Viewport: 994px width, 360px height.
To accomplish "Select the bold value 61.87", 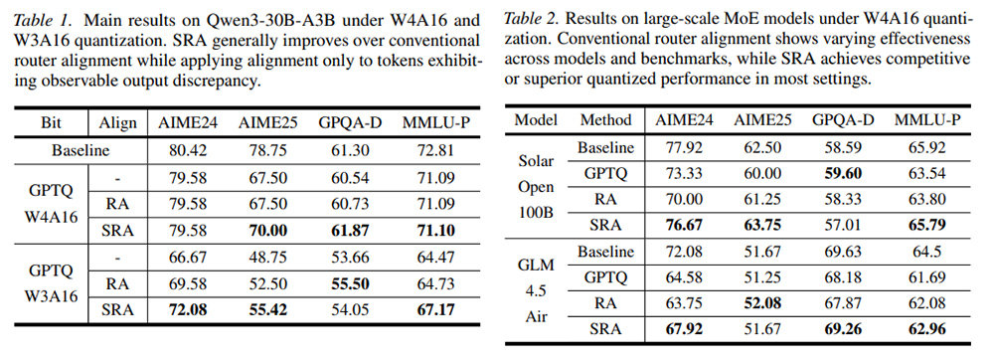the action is pos(351,231).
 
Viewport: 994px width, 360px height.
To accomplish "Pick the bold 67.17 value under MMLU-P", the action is pos(432,310).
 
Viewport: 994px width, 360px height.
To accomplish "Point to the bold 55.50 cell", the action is pos(351,284).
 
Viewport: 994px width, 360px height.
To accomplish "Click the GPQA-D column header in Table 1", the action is pos(351,123).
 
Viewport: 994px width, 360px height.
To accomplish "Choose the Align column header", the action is pos(118,123).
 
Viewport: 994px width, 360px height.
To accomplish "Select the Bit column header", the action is pos(52,123).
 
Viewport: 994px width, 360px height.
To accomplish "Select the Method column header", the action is pos(606,119).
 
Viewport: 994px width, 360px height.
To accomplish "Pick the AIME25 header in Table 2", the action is pos(762,119).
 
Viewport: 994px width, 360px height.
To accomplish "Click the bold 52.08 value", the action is pos(762,303).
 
